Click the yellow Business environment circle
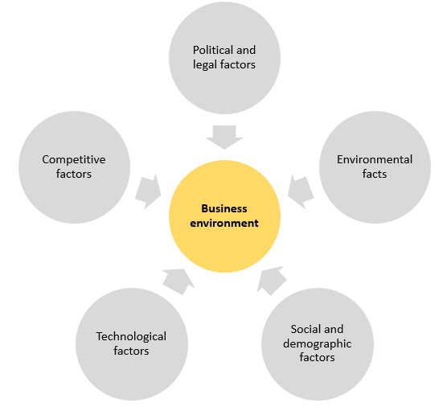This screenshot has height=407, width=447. click(x=224, y=216)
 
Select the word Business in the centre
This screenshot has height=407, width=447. click(x=224, y=208)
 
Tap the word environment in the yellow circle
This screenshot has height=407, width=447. click(x=224, y=223)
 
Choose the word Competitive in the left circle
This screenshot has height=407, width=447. click(x=74, y=160)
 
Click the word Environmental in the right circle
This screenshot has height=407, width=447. click(x=375, y=159)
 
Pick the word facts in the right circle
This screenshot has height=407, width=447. click(x=375, y=174)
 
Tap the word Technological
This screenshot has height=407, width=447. click(x=131, y=336)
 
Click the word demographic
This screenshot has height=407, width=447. click(x=318, y=343)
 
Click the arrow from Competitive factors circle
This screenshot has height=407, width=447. click(x=148, y=191)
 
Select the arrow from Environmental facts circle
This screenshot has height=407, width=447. click(x=301, y=191)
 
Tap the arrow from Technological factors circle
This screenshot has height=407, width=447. click(x=178, y=282)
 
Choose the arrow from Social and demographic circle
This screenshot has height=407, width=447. click(x=272, y=281)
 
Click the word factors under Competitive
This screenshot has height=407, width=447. click(x=74, y=174)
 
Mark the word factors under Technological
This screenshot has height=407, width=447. click(x=131, y=351)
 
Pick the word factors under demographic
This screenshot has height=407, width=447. click(x=317, y=357)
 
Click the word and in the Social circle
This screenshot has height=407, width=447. click(x=334, y=329)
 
